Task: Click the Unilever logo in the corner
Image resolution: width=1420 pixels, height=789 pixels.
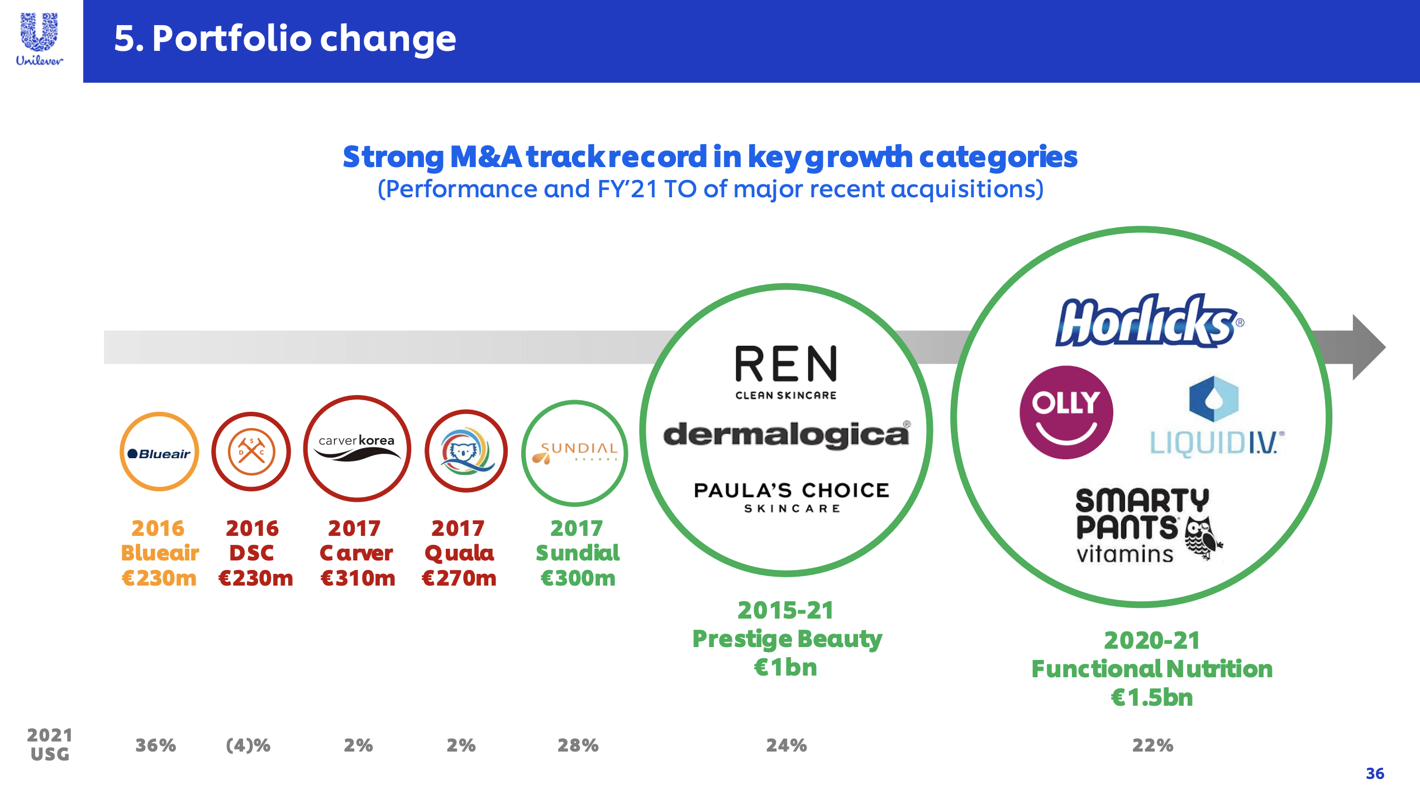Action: pos(39,39)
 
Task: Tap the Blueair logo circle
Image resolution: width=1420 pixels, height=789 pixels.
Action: pos(159,452)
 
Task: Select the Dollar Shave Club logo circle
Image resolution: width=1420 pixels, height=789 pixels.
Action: pos(251,452)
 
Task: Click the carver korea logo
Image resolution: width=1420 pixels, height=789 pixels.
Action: pos(357,448)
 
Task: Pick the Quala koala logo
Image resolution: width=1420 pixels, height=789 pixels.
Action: pos(466,451)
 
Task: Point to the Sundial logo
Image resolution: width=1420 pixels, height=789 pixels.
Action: pos(575,453)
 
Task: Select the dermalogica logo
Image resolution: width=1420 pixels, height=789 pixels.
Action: pos(787,434)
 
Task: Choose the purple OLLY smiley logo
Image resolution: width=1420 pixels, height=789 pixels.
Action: pos(1066,412)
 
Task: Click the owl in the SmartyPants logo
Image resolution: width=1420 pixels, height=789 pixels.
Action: pos(1202,538)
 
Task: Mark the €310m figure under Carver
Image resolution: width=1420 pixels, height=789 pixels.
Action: pos(358,578)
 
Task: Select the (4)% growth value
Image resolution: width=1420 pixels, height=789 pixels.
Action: pos(248,745)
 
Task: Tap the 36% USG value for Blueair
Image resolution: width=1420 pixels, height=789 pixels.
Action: pos(156,745)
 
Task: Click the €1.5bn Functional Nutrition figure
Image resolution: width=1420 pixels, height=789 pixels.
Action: pos(1152,697)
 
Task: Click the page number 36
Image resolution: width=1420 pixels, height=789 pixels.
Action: pos(1375,773)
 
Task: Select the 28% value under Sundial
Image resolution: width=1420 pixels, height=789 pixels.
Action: pos(578,745)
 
